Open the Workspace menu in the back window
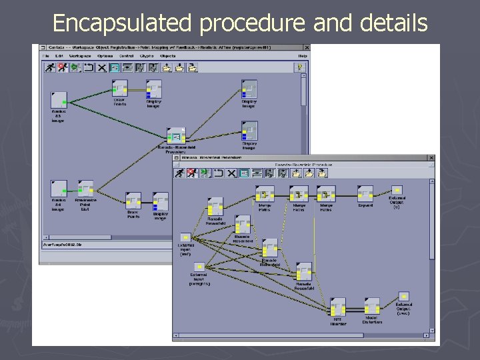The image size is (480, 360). tap(75, 56)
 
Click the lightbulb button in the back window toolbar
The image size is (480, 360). tap(301, 67)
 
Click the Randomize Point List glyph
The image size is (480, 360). tap(85, 189)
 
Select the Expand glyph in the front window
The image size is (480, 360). tap(365, 194)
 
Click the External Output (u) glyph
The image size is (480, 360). tap(397, 191)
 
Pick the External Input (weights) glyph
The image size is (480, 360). tap(199, 267)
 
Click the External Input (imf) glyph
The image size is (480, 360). tap(185, 237)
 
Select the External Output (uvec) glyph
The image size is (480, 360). tap(403, 297)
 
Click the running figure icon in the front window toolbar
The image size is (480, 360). tap(216, 173)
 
